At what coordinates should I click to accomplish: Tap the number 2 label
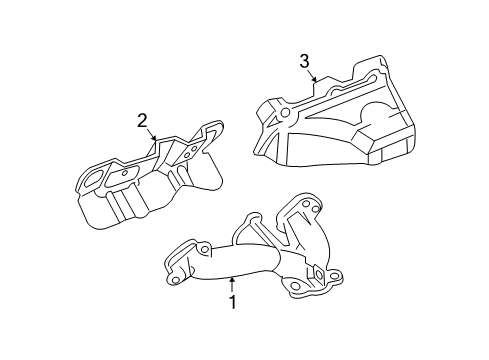click(x=142, y=121)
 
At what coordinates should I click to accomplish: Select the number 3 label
click(x=304, y=63)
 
